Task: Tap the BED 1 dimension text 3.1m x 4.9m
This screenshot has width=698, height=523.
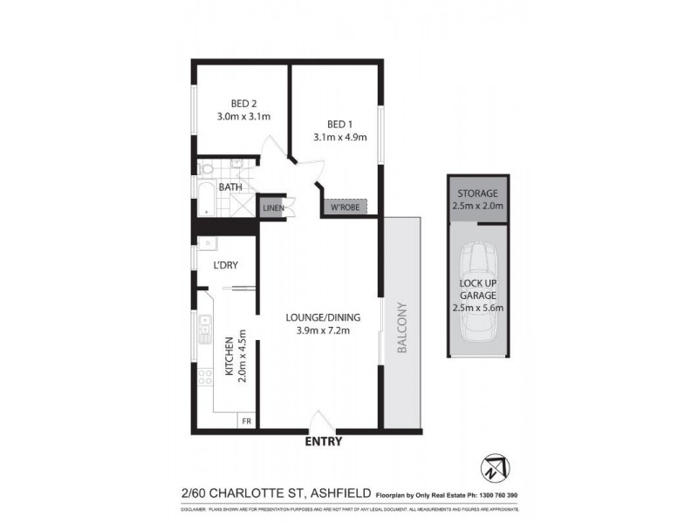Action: click(339, 137)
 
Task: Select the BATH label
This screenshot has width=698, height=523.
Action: click(230, 187)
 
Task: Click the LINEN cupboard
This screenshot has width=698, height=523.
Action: click(271, 208)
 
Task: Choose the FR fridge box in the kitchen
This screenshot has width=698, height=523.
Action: click(246, 421)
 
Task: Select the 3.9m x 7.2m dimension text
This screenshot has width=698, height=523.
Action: click(324, 330)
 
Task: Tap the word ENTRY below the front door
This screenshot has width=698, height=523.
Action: click(322, 442)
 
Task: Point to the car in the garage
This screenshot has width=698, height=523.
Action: click(476, 292)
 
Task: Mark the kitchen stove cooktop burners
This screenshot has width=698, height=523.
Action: click(206, 378)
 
